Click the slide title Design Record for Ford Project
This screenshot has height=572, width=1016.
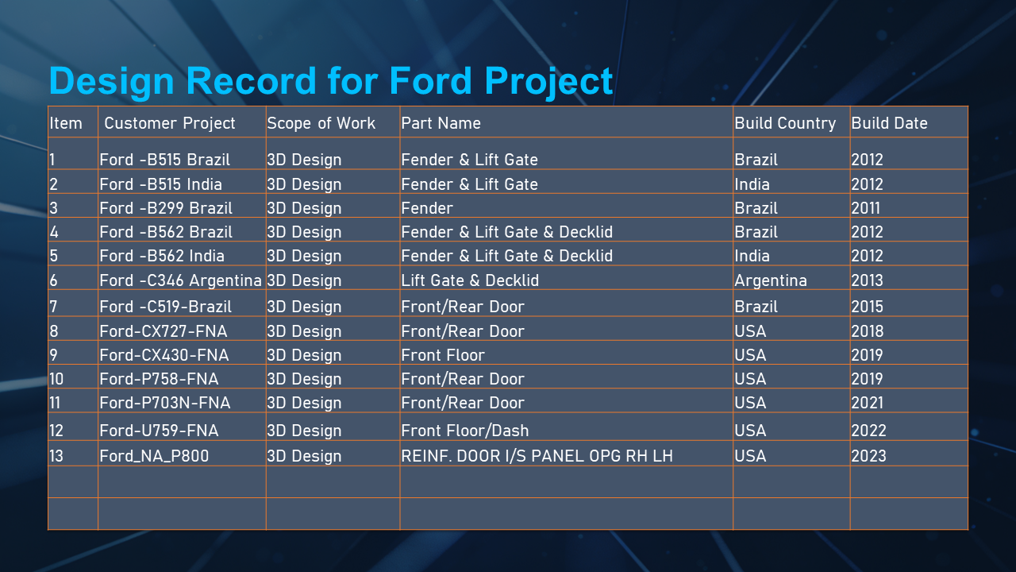pos(331,81)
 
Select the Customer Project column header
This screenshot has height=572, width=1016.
pos(170,123)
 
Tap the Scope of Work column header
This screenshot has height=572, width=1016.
pos(321,123)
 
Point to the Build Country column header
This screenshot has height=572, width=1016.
pos(785,123)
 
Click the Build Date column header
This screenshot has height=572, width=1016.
pos(889,123)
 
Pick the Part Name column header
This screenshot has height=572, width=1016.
pos(441,123)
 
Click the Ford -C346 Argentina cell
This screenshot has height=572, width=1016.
pos(180,280)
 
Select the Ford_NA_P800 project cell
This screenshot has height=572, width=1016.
pos(154,456)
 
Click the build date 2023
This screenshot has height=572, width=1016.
pos(868,456)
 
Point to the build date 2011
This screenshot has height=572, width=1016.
pos(866,208)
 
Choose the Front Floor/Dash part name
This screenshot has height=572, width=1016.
pos(465,431)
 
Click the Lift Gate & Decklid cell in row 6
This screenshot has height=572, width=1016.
pos(470,280)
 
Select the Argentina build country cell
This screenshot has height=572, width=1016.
pos(771,280)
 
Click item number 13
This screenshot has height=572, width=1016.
pos(56,456)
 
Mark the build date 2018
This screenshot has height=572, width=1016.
pos(868,331)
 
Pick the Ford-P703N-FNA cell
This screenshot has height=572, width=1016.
pos(165,403)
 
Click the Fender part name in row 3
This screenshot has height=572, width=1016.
pos(427,208)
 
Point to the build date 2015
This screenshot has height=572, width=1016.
pos(868,307)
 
